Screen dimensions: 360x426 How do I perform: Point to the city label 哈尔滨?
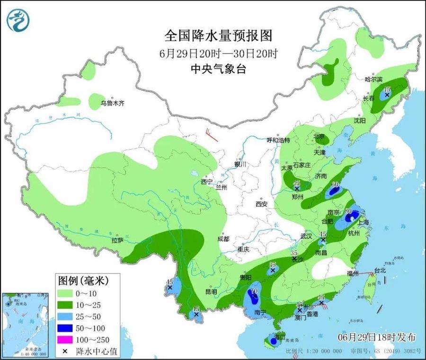(x=373, y=79)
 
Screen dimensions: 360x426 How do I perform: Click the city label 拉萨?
(x=118, y=240)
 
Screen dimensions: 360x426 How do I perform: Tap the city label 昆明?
(x=211, y=292)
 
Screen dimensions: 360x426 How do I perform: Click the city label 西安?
(x=262, y=204)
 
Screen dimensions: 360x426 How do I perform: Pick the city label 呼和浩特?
(x=280, y=140)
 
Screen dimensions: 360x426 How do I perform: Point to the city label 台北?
(x=381, y=270)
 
